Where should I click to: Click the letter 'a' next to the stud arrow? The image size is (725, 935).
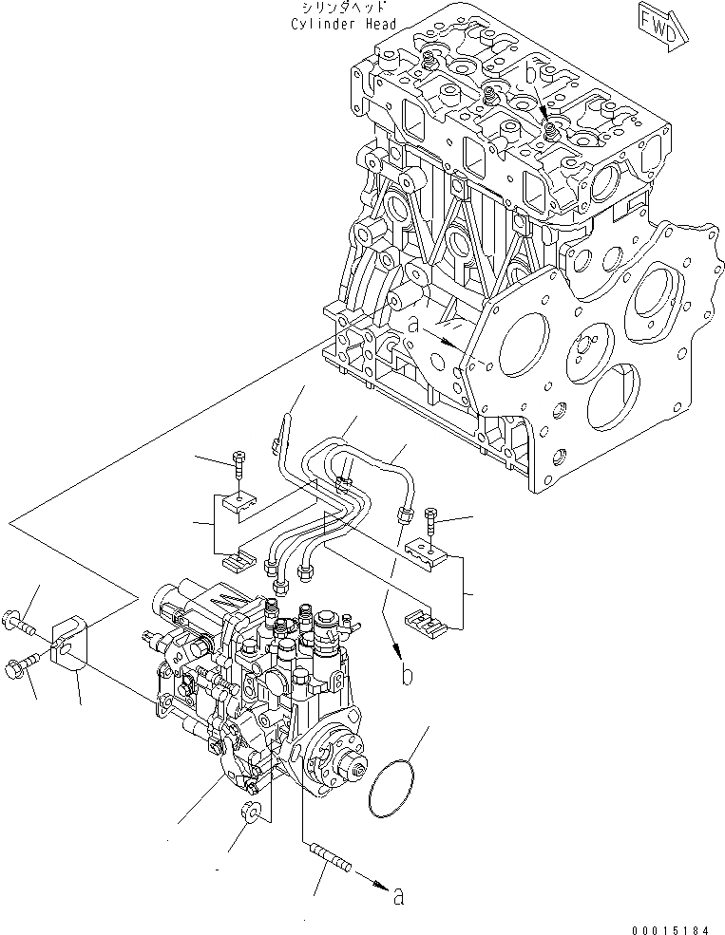click(398, 894)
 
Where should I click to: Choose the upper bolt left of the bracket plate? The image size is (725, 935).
click(20, 625)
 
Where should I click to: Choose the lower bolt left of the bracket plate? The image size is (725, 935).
click(21, 664)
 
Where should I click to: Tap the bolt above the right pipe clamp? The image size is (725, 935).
click(432, 520)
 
